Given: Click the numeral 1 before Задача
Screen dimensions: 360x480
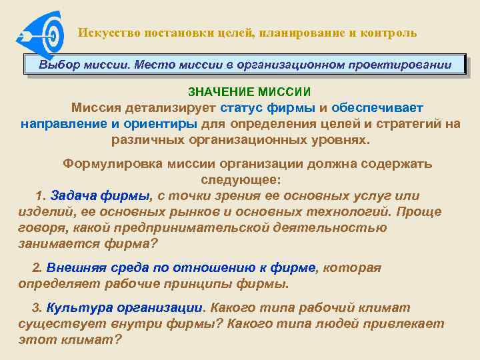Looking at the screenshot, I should pyautogui.click(x=39, y=196).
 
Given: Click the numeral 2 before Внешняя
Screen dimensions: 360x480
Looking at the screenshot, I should pyautogui.click(x=37, y=268).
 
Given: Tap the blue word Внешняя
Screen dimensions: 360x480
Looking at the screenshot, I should pyautogui.click(x=74, y=268).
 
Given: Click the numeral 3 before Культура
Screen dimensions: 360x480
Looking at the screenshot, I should pyautogui.click(x=37, y=308).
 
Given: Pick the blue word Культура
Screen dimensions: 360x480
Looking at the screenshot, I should pyautogui.click(x=79, y=308).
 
